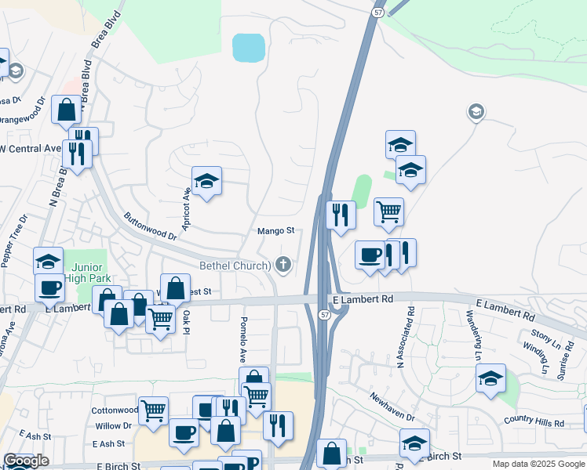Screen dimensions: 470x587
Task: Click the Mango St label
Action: (x=275, y=231)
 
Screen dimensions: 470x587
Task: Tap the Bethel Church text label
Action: (x=235, y=266)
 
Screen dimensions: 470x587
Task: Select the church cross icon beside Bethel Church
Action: (x=283, y=266)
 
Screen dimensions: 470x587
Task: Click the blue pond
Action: (x=248, y=48)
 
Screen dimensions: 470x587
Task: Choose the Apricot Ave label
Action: (x=188, y=208)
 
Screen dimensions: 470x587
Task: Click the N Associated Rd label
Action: (x=410, y=336)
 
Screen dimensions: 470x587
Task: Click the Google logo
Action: (x=26, y=461)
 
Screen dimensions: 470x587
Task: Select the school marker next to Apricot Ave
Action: (x=206, y=182)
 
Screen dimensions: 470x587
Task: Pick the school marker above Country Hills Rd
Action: (x=490, y=379)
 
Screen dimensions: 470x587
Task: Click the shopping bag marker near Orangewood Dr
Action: (x=66, y=110)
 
